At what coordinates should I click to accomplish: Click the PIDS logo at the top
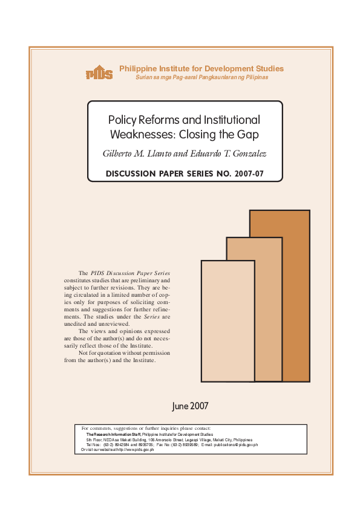99,74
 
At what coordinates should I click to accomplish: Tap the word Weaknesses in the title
143,134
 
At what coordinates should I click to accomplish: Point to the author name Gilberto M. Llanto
142,154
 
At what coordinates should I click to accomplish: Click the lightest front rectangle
227,320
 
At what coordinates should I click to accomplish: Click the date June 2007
190,406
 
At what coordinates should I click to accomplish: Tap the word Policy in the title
120,120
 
